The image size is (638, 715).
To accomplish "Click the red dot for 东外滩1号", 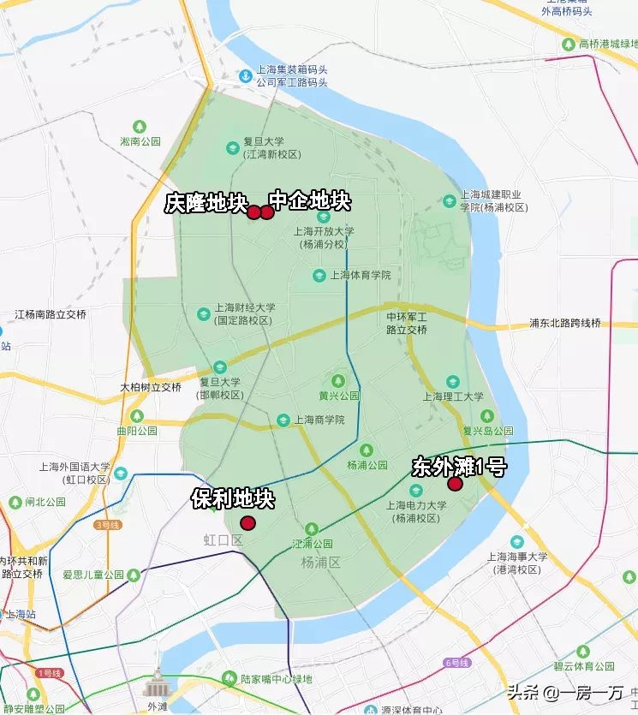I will tap(455, 484).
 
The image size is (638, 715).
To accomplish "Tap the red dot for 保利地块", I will tap(247, 523).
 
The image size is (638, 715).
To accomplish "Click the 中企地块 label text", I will tap(310, 201).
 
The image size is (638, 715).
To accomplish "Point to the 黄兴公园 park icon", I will tap(338, 381).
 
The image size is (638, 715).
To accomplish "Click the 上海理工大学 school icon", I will tap(453, 382).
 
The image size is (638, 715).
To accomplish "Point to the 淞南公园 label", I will tap(140, 141).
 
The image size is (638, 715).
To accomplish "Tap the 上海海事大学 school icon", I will tap(516, 542).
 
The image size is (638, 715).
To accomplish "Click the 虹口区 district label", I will tap(224, 540).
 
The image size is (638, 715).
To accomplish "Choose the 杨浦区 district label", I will tap(321, 563).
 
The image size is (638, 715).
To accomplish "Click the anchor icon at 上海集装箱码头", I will tap(245, 77).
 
